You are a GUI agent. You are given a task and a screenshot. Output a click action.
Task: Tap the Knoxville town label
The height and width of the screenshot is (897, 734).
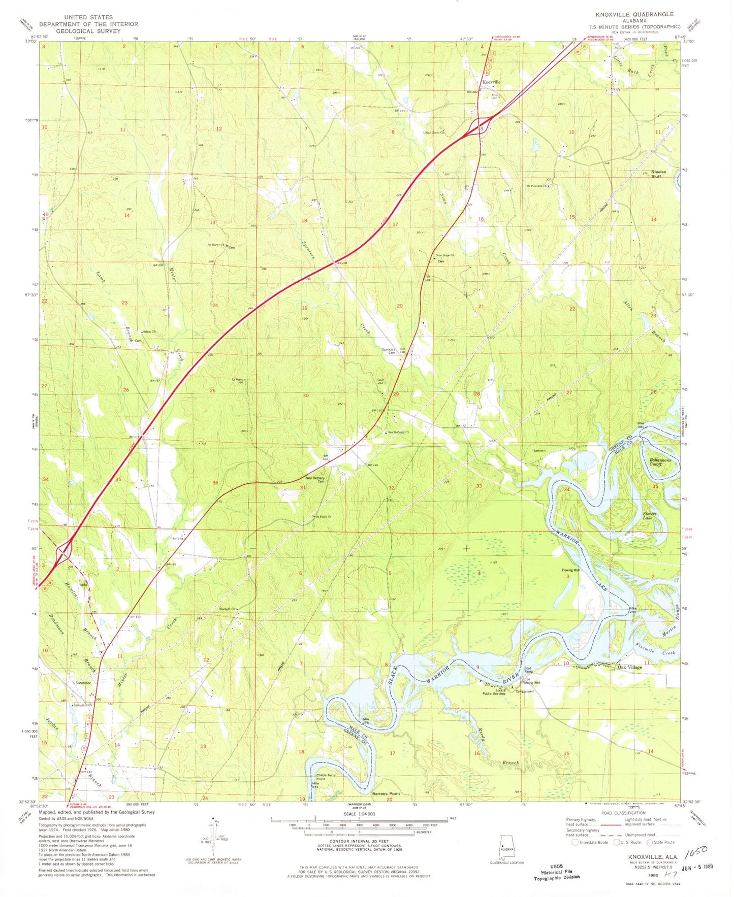[491, 82]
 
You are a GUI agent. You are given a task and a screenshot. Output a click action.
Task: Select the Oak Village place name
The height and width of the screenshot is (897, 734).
[629, 667]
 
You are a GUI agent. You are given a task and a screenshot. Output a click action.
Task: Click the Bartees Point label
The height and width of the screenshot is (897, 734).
[386, 793]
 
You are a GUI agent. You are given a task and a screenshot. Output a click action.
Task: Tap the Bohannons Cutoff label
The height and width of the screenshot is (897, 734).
[660, 462]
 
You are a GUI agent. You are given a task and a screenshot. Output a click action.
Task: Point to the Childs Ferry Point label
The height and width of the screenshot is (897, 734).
[329, 777]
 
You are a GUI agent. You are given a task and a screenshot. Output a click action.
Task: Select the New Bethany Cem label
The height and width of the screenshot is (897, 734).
[314, 480]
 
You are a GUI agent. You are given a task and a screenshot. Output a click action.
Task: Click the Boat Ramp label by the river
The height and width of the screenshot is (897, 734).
[528, 670]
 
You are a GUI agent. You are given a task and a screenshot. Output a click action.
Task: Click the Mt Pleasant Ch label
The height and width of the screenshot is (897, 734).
[538, 186]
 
